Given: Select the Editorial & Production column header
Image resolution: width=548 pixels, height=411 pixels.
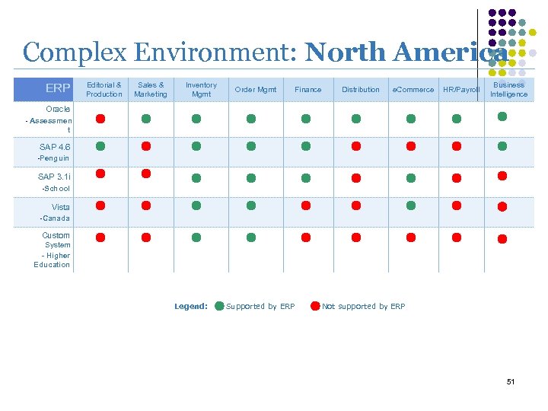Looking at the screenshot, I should [x=104, y=89].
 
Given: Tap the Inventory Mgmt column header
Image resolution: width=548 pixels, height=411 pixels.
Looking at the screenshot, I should [x=201, y=89].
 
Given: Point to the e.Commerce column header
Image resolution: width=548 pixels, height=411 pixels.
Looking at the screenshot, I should [x=413, y=90].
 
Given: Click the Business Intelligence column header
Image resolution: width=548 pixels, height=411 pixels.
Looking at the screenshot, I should [x=508, y=89].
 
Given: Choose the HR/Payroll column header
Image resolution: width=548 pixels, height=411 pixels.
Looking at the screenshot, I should [x=461, y=90].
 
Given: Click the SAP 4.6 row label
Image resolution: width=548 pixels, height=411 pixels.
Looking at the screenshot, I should [x=55, y=147].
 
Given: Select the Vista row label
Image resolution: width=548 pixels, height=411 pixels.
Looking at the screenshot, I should [x=61, y=207].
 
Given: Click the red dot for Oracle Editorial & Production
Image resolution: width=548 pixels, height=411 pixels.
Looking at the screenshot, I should [x=100, y=119].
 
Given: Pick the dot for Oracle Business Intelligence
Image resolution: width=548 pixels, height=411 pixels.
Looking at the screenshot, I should [x=502, y=116].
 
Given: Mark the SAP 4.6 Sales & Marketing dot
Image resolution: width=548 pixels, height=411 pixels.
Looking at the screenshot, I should [x=146, y=145].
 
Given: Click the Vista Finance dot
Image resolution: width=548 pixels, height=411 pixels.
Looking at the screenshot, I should [x=306, y=205].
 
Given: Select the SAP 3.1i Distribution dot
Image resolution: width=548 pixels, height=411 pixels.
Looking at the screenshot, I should [x=355, y=177].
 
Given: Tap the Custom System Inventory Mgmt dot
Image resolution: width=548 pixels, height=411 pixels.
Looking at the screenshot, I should [x=196, y=237].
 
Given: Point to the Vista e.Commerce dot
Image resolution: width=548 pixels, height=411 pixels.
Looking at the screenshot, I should [x=411, y=205].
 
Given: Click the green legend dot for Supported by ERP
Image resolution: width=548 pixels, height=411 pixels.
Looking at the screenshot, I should [x=219, y=306].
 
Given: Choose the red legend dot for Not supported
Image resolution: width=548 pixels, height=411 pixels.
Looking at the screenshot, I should [x=315, y=306].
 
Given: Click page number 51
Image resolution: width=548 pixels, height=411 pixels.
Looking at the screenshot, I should [x=511, y=381].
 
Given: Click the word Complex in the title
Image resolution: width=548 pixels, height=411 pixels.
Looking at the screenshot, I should [x=68, y=53].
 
